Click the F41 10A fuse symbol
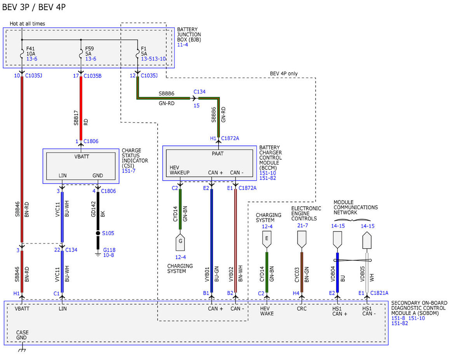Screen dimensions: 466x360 22,54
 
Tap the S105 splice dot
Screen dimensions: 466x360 98,233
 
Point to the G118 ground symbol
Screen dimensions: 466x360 98,254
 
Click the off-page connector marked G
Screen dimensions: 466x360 180,242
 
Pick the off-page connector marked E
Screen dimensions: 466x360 267,239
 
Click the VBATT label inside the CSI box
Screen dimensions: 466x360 82,157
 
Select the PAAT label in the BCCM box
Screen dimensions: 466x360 218,153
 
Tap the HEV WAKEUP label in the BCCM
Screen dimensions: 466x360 179,170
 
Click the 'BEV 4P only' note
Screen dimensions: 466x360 284,73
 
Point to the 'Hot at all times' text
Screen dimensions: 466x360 28,24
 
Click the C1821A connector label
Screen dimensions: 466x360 379,293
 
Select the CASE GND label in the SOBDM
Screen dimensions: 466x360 22,335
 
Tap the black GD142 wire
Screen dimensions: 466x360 98,221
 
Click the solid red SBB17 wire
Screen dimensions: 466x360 81,108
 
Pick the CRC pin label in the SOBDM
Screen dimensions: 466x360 302,308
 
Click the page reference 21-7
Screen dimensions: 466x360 303,225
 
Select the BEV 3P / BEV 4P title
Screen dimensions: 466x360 34,7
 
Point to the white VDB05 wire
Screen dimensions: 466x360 367,273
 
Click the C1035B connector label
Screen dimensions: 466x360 92,76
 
